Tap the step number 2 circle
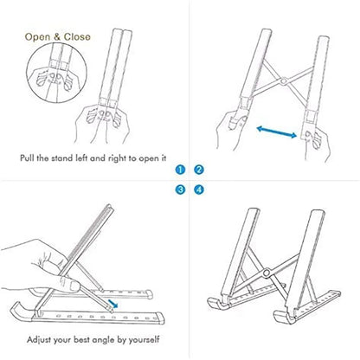click(x=198, y=170)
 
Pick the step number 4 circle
click(x=198, y=189)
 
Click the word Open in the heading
click(x=38, y=37)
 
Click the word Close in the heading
click(x=74, y=37)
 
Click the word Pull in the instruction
click(x=29, y=158)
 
